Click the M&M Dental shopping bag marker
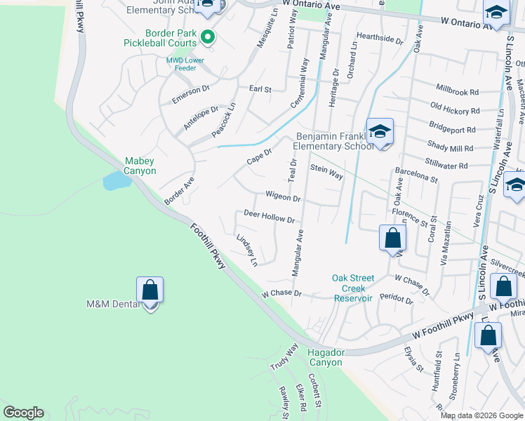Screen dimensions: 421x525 click(x=149, y=290)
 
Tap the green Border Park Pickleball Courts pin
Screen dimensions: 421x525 click(x=207, y=36)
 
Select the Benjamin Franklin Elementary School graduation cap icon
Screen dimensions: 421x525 click(x=380, y=132)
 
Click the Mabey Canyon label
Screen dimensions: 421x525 click(x=140, y=166)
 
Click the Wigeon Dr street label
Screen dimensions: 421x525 click(x=283, y=198)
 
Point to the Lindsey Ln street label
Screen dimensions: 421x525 click(x=247, y=250)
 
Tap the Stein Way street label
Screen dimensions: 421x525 click(x=326, y=172)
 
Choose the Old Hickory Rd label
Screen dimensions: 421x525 click(x=455, y=109)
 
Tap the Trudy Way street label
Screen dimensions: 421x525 click(x=284, y=358)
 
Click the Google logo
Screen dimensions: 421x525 click(x=23, y=413)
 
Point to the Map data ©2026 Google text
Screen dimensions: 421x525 click(x=481, y=415)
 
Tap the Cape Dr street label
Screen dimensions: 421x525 click(x=259, y=155)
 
